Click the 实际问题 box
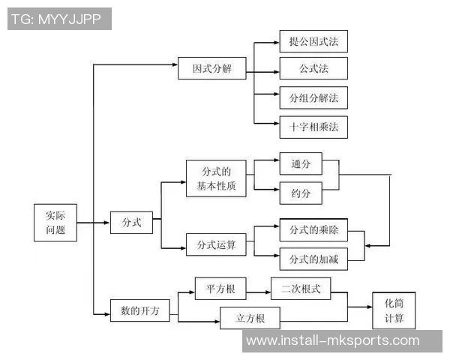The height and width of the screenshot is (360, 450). [x=55, y=222]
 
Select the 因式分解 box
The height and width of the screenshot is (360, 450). [x=212, y=69]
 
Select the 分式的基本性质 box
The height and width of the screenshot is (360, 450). [x=216, y=178]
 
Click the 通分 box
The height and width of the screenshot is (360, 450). [x=301, y=164]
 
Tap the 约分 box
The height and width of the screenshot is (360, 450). [x=301, y=193]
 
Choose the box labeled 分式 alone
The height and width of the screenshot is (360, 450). [x=131, y=222]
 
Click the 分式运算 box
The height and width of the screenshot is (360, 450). [x=216, y=244]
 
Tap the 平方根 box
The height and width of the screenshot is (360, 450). [x=216, y=289]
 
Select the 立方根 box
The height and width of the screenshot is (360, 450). [x=250, y=318]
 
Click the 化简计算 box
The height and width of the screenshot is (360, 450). [x=394, y=310]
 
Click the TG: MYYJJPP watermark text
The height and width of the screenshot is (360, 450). [x=59, y=19]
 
